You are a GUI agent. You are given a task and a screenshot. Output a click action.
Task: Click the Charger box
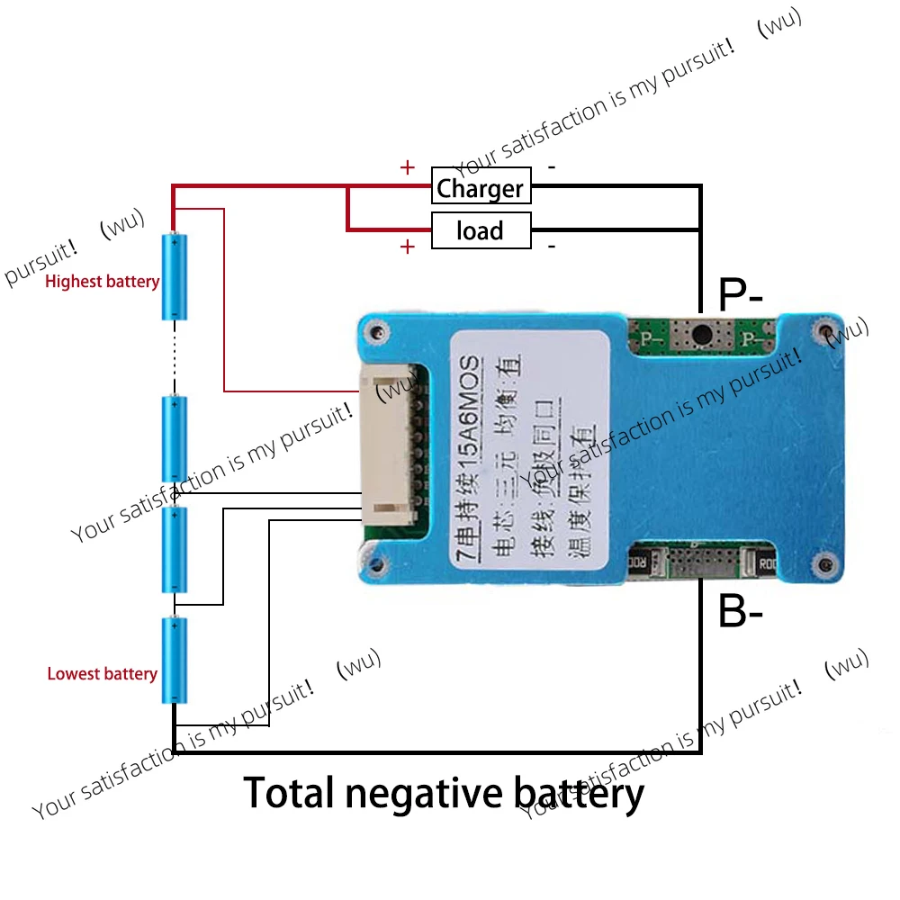(x=480, y=188)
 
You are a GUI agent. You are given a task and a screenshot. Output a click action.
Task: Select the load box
(x=480, y=230)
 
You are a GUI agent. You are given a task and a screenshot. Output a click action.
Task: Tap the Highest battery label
(x=102, y=282)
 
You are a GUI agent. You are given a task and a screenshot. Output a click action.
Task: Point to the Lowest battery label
(x=102, y=674)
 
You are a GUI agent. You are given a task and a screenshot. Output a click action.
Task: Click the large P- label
(x=741, y=294)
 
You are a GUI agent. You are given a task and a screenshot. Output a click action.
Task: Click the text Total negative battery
(x=444, y=794)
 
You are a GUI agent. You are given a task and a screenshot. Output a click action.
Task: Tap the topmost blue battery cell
(x=175, y=276)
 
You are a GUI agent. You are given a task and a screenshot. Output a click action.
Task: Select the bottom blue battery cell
(x=175, y=660)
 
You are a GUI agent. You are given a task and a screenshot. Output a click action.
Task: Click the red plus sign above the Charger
(x=408, y=167)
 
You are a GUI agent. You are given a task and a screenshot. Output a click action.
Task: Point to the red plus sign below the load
(x=408, y=247)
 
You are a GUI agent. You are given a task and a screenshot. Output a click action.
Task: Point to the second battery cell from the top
(x=175, y=438)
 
